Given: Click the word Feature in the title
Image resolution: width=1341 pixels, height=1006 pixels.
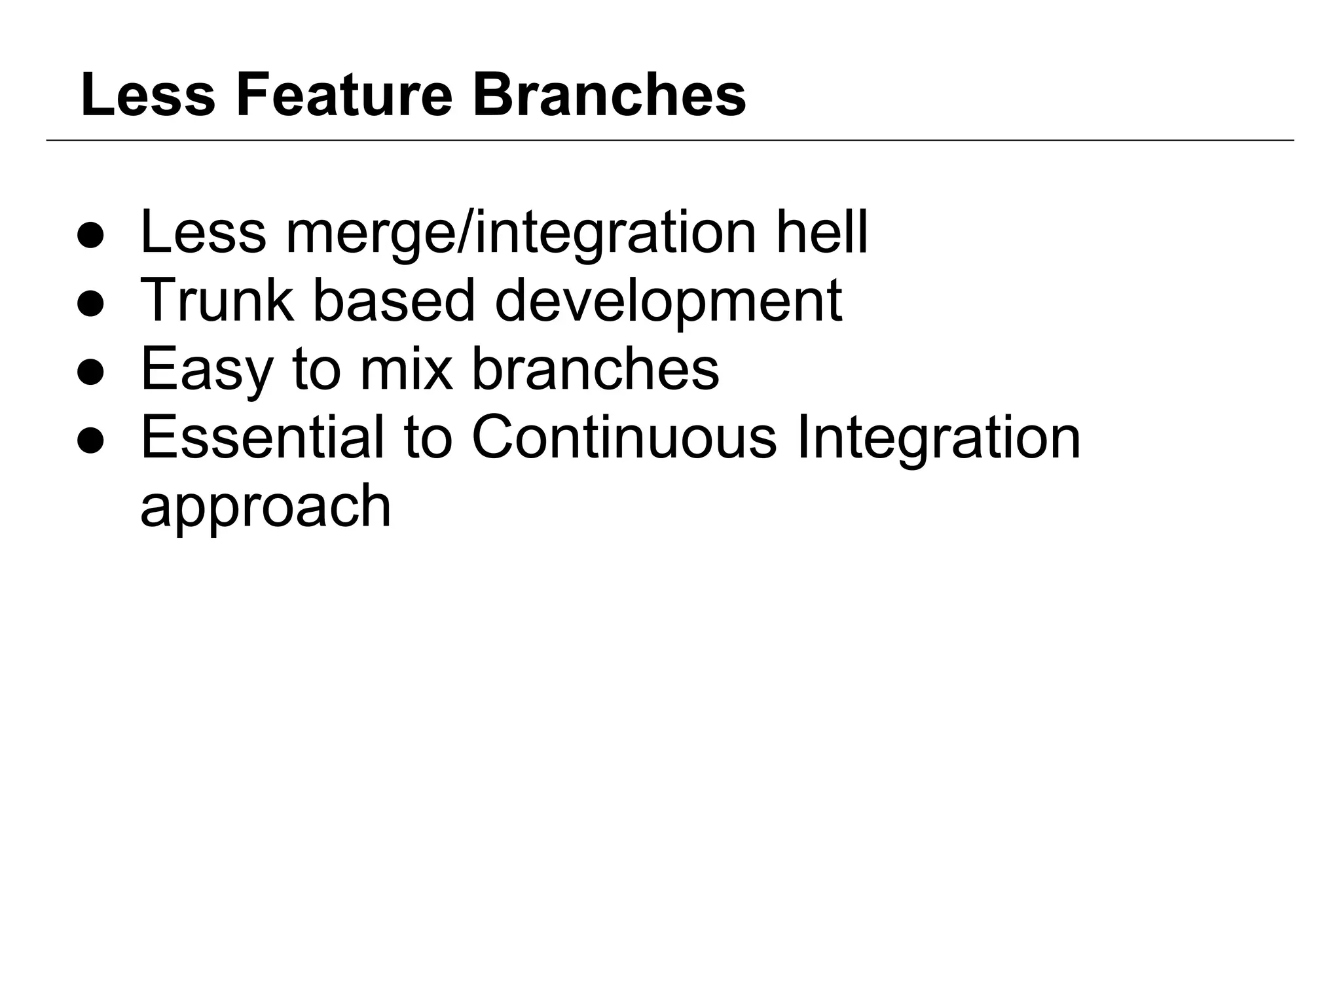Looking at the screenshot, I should [x=344, y=96].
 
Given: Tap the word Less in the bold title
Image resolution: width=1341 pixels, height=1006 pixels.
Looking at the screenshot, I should [x=148, y=96].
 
